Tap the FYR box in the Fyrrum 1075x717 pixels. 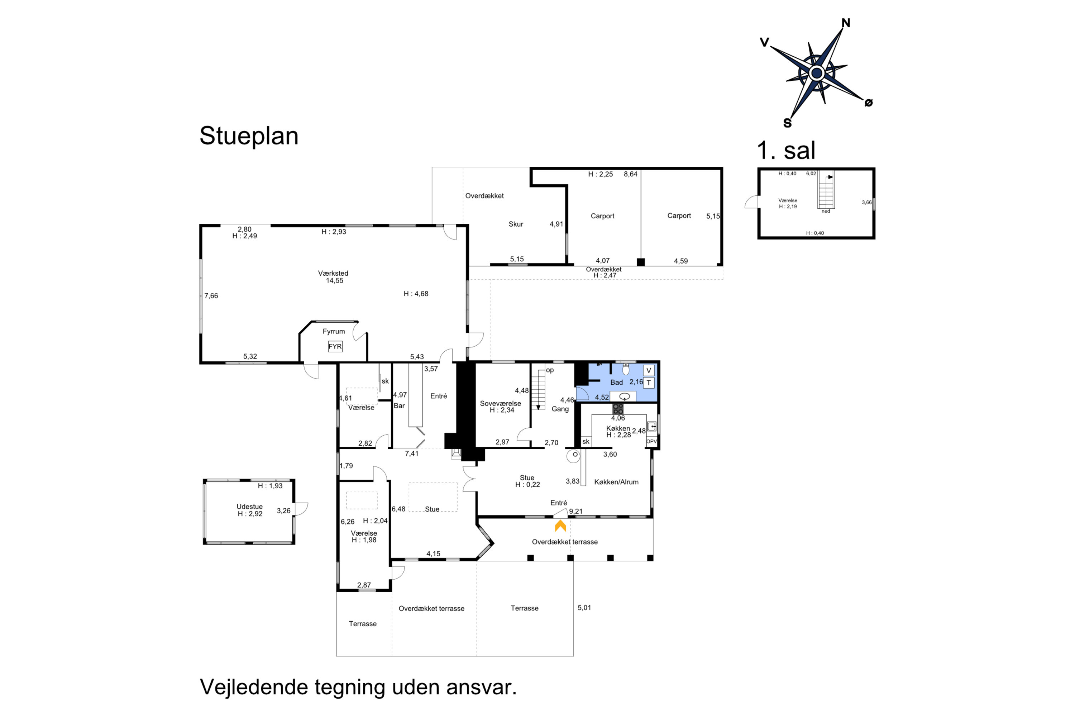(x=335, y=347)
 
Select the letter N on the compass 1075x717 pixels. (x=846, y=23)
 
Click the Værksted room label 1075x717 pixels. (x=333, y=274)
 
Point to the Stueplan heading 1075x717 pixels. (x=249, y=136)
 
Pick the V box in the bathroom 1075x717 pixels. (x=649, y=370)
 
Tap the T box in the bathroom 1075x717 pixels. (x=649, y=383)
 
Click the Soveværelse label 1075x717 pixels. (x=501, y=403)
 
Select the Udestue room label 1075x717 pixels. (x=249, y=507)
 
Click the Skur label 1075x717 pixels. (x=516, y=224)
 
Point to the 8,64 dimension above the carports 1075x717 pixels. (x=630, y=174)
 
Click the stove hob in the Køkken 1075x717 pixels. (x=618, y=408)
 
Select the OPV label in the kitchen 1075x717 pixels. (x=651, y=442)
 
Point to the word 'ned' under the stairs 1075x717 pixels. (x=826, y=211)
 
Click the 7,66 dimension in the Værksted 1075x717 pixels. (x=211, y=296)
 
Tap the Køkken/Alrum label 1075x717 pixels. (x=616, y=482)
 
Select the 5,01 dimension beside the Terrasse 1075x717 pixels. (x=584, y=608)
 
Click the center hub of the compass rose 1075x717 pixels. (x=816, y=73)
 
